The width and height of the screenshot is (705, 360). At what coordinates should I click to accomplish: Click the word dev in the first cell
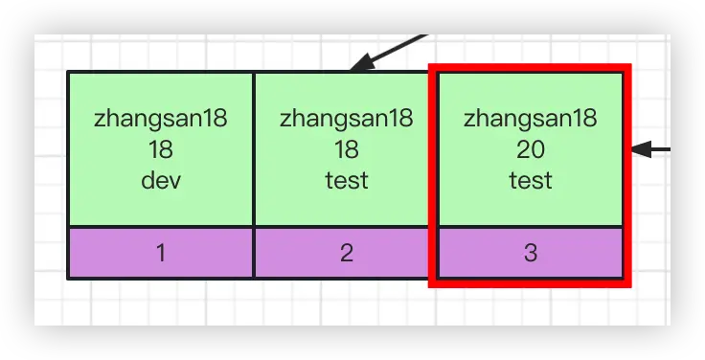tap(160, 179)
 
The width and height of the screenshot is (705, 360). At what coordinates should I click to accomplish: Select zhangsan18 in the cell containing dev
tap(160, 119)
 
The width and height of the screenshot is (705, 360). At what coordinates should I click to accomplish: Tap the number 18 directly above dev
tap(160, 149)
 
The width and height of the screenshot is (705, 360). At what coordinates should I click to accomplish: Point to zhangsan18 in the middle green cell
tap(346, 119)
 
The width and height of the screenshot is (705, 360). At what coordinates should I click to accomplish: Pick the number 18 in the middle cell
tap(346, 149)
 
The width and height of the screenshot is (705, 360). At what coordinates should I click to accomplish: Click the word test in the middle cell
tap(346, 179)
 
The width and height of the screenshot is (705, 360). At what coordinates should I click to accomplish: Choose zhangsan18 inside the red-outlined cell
tap(530, 119)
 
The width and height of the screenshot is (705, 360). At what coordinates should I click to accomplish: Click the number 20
tap(530, 149)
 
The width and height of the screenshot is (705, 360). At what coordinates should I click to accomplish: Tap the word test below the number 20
tap(530, 179)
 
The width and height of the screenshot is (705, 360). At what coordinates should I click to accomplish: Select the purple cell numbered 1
tap(160, 253)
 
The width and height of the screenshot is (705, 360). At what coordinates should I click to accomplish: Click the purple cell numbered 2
tap(346, 253)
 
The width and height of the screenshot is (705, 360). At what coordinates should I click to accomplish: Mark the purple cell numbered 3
tap(530, 253)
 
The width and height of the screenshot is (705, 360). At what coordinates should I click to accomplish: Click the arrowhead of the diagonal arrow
tap(357, 66)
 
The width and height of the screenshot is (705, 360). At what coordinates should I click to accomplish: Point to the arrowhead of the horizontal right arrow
tap(640, 149)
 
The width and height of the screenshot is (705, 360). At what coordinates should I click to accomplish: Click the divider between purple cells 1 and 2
tap(253, 253)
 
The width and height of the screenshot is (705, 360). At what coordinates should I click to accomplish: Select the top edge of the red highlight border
tap(530, 69)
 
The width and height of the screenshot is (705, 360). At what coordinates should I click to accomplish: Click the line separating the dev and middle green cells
tap(253, 148)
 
